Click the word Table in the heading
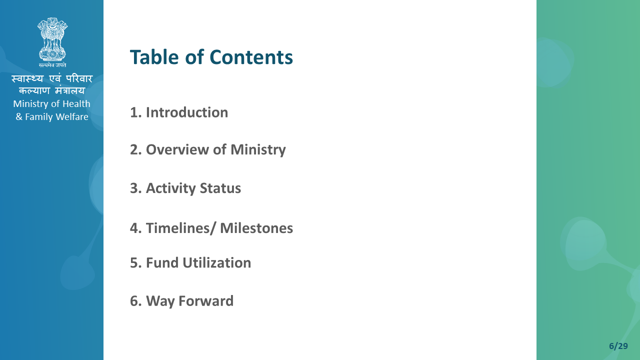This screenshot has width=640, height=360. point(154,57)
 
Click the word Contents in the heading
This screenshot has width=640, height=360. point(251,57)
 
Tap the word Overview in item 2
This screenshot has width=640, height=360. point(177,149)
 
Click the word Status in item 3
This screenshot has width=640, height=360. point(220,188)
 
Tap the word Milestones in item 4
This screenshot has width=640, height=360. point(256,228)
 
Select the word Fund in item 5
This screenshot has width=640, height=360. point(162,262)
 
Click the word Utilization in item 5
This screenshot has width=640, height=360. point(217,262)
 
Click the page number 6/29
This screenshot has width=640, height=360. point(618,346)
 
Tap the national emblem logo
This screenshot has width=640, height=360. point(52,39)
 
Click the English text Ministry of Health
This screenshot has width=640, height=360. point(51,104)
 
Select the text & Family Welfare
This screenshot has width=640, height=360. point(52,117)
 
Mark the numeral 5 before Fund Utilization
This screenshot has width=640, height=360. point(134,263)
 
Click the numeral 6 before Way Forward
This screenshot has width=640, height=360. point(134,301)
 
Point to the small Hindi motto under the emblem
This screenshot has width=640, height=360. point(52,65)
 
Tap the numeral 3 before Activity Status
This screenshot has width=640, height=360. point(134,188)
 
